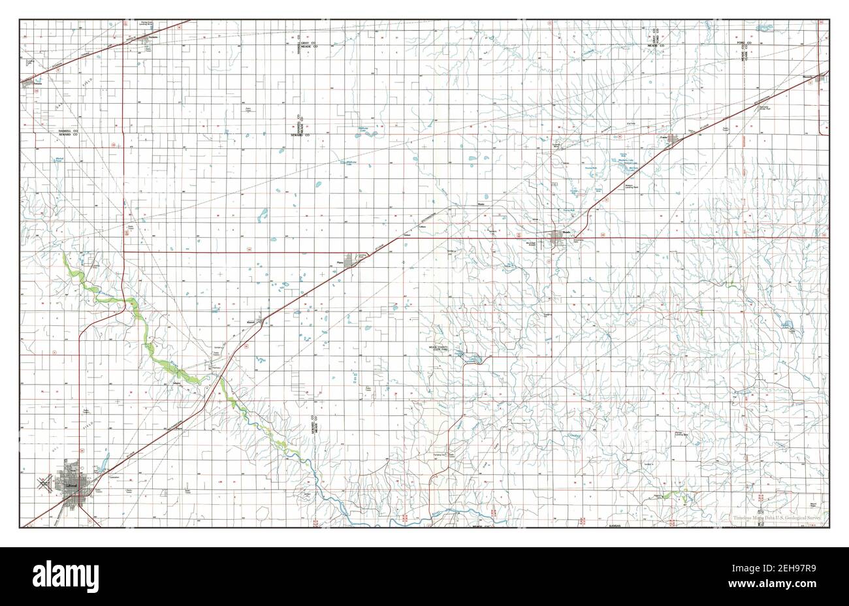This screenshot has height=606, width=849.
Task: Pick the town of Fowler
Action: coord(673,138)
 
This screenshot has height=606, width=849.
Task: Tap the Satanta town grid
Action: coord(29,84)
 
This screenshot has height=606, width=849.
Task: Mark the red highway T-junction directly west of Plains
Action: coord(125,250)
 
